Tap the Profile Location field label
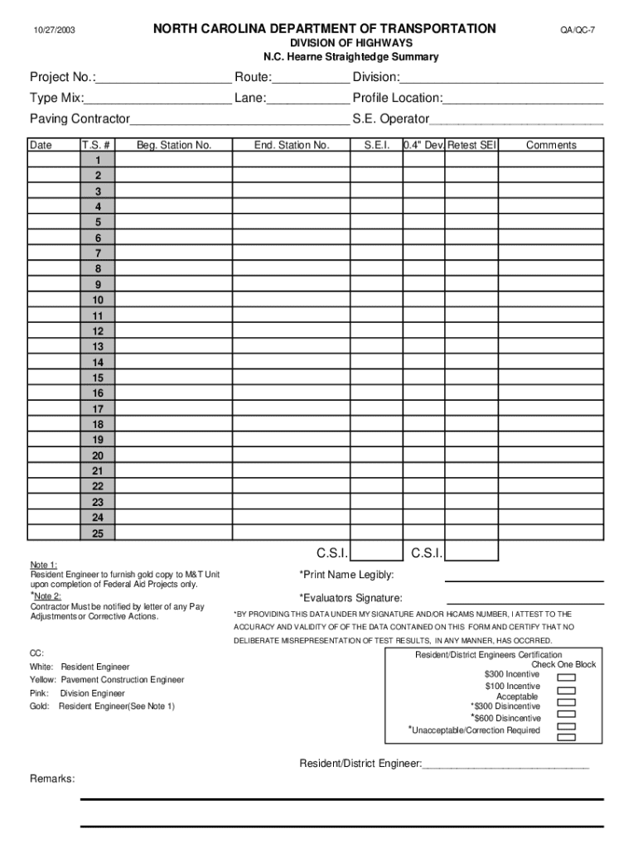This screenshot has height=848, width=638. [398, 98]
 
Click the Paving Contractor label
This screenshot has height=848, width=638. [80, 118]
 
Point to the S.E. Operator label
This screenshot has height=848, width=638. [391, 118]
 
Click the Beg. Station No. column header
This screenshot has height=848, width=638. [174, 145]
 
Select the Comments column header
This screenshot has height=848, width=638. [551, 145]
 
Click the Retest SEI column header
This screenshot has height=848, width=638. [471, 145]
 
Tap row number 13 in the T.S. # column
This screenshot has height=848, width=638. [98, 347]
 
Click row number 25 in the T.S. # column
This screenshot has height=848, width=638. [98, 533]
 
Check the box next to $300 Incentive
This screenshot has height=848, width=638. [567, 676]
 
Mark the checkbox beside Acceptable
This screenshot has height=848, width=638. [567, 701]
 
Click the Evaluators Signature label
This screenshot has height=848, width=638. [350, 598]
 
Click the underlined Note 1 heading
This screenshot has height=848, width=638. [44, 565]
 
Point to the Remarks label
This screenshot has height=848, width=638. [52, 779]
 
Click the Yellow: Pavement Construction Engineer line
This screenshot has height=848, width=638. [107, 680]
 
